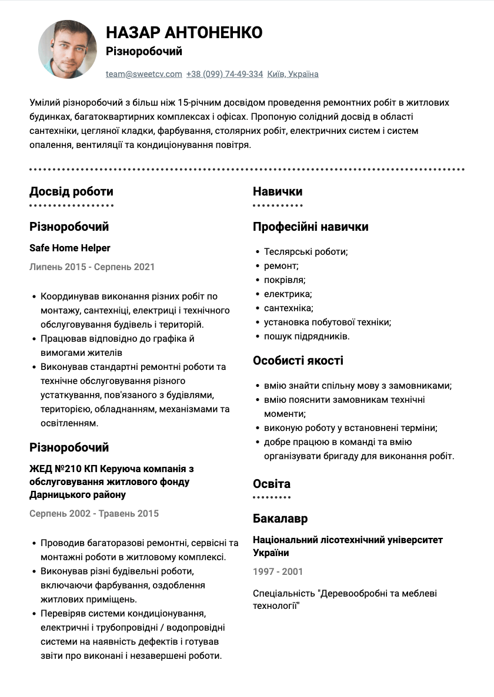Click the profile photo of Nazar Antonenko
(68, 49)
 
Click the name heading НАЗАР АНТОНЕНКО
(184, 32)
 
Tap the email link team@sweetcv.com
(144, 74)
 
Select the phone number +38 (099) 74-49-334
(225, 74)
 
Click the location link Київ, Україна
(293, 74)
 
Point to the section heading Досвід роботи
(71, 191)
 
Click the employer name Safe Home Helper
(70, 248)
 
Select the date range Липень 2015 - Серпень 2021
(92, 267)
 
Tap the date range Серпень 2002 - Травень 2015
(94, 513)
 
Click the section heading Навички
(278, 191)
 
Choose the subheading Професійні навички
(311, 227)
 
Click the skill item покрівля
(285, 280)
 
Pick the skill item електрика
(288, 294)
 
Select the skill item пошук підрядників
(306, 336)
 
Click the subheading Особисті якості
(298, 361)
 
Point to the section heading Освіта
(272, 484)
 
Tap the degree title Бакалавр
(281, 518)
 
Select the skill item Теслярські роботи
(306, 251)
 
